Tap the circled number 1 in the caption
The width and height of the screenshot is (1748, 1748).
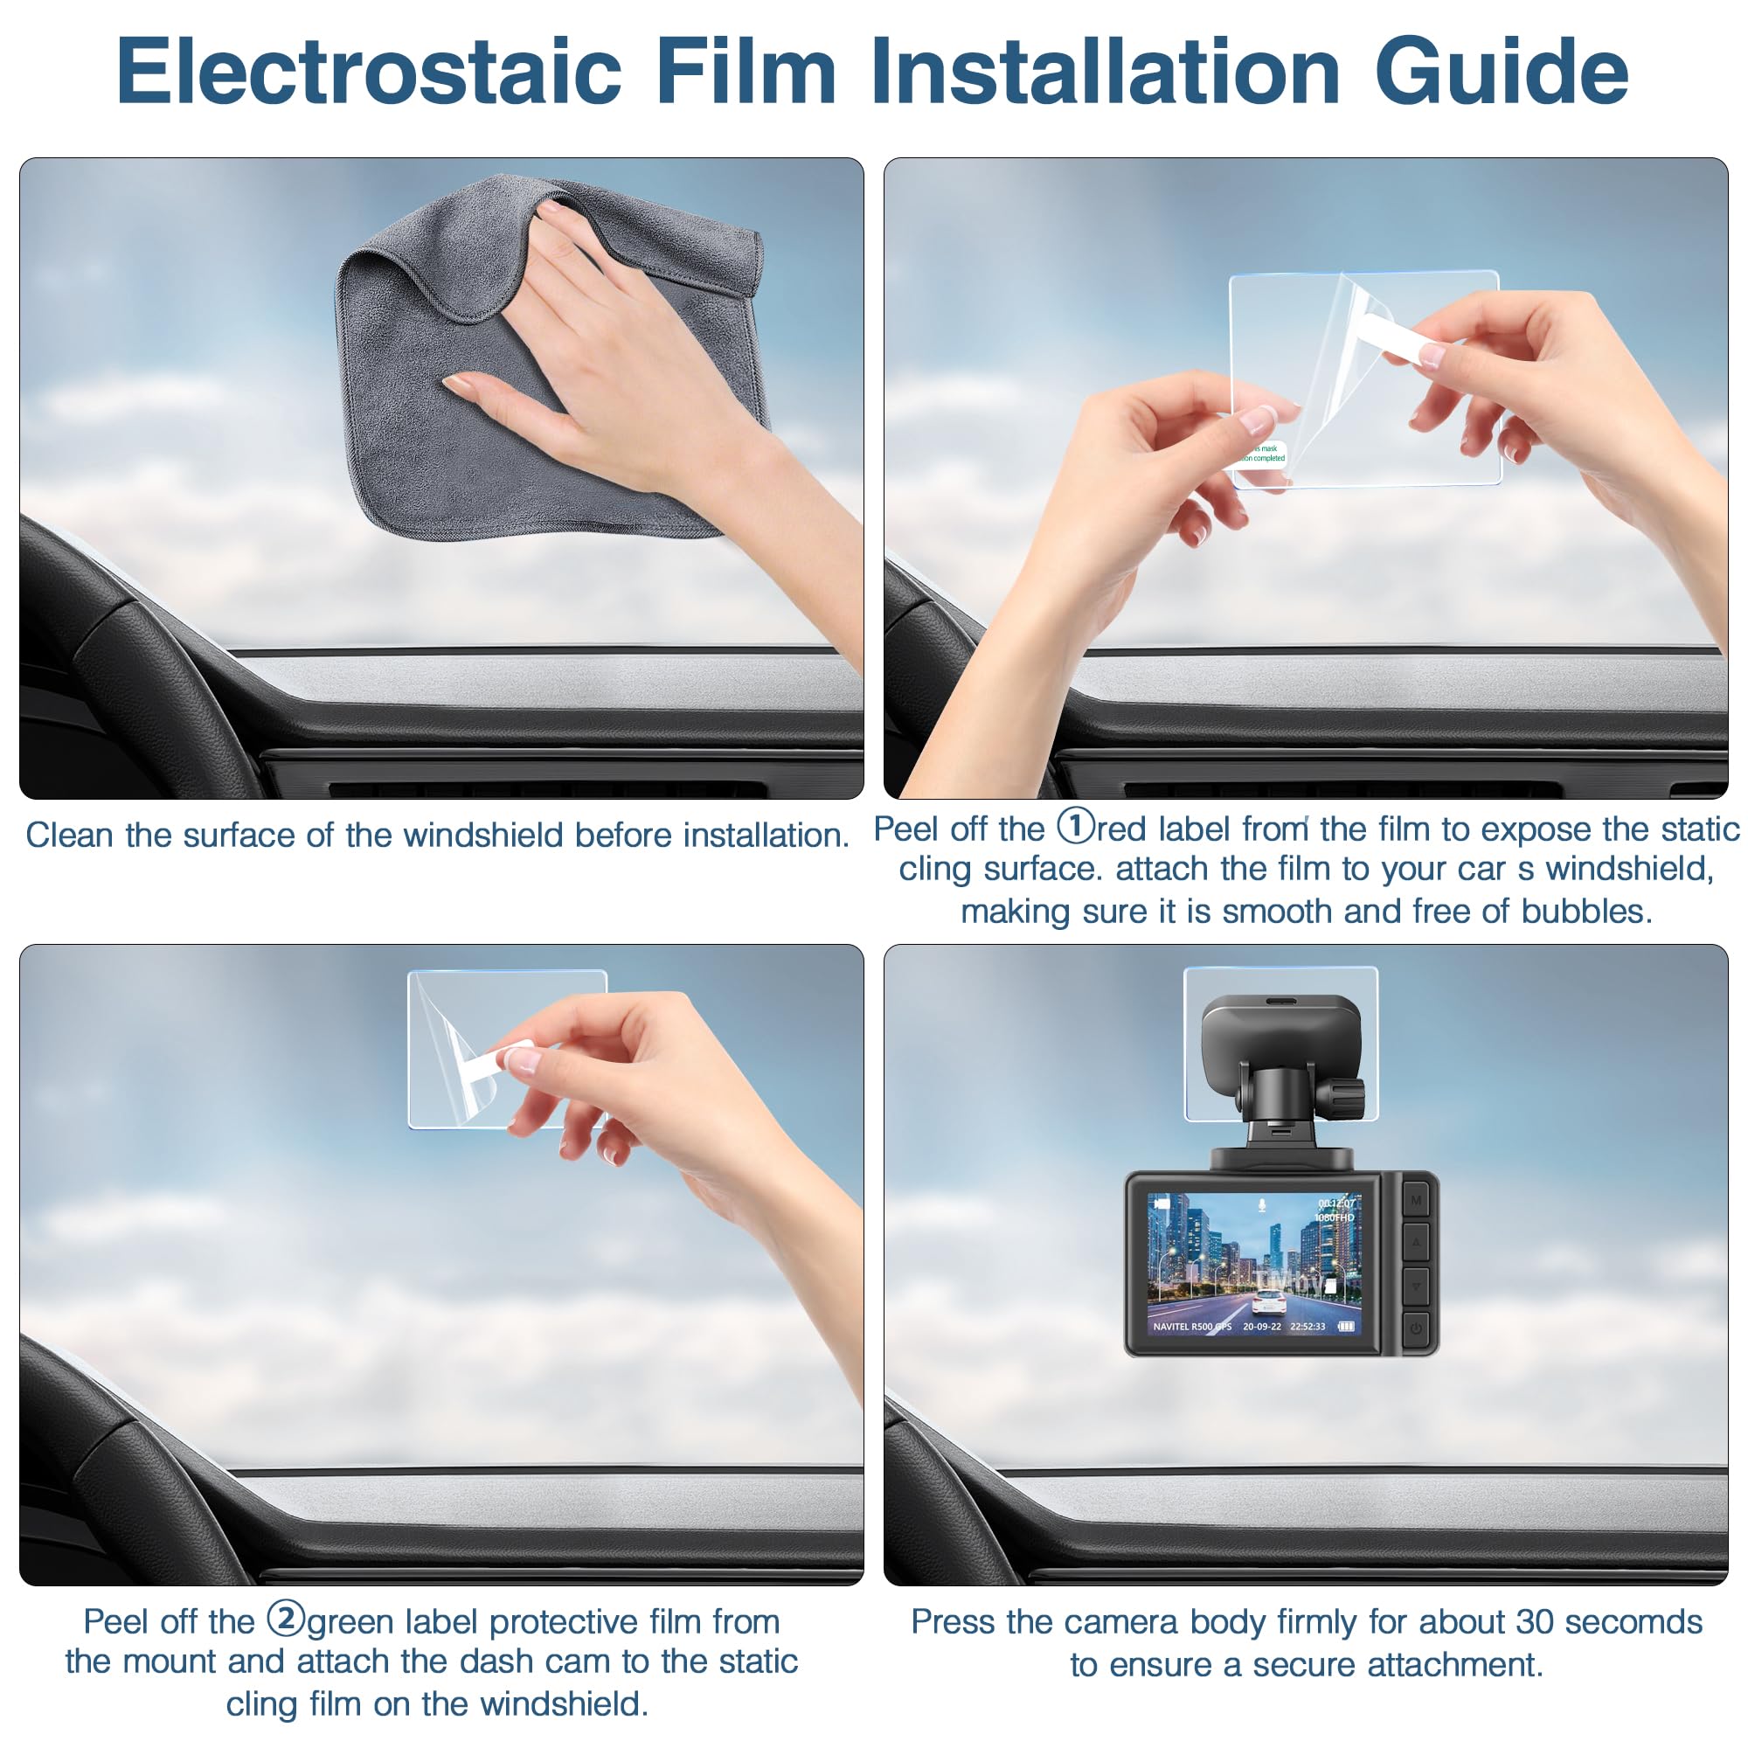point(1075,825)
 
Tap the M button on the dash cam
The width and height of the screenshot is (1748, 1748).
point(1416,1200)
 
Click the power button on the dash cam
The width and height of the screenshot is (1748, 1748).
point(1416,1328)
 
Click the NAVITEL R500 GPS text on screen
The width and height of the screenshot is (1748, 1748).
point(1191,1327)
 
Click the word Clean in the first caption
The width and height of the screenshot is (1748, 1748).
point(71,835)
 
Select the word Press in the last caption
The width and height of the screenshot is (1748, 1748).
point(954,1622)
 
